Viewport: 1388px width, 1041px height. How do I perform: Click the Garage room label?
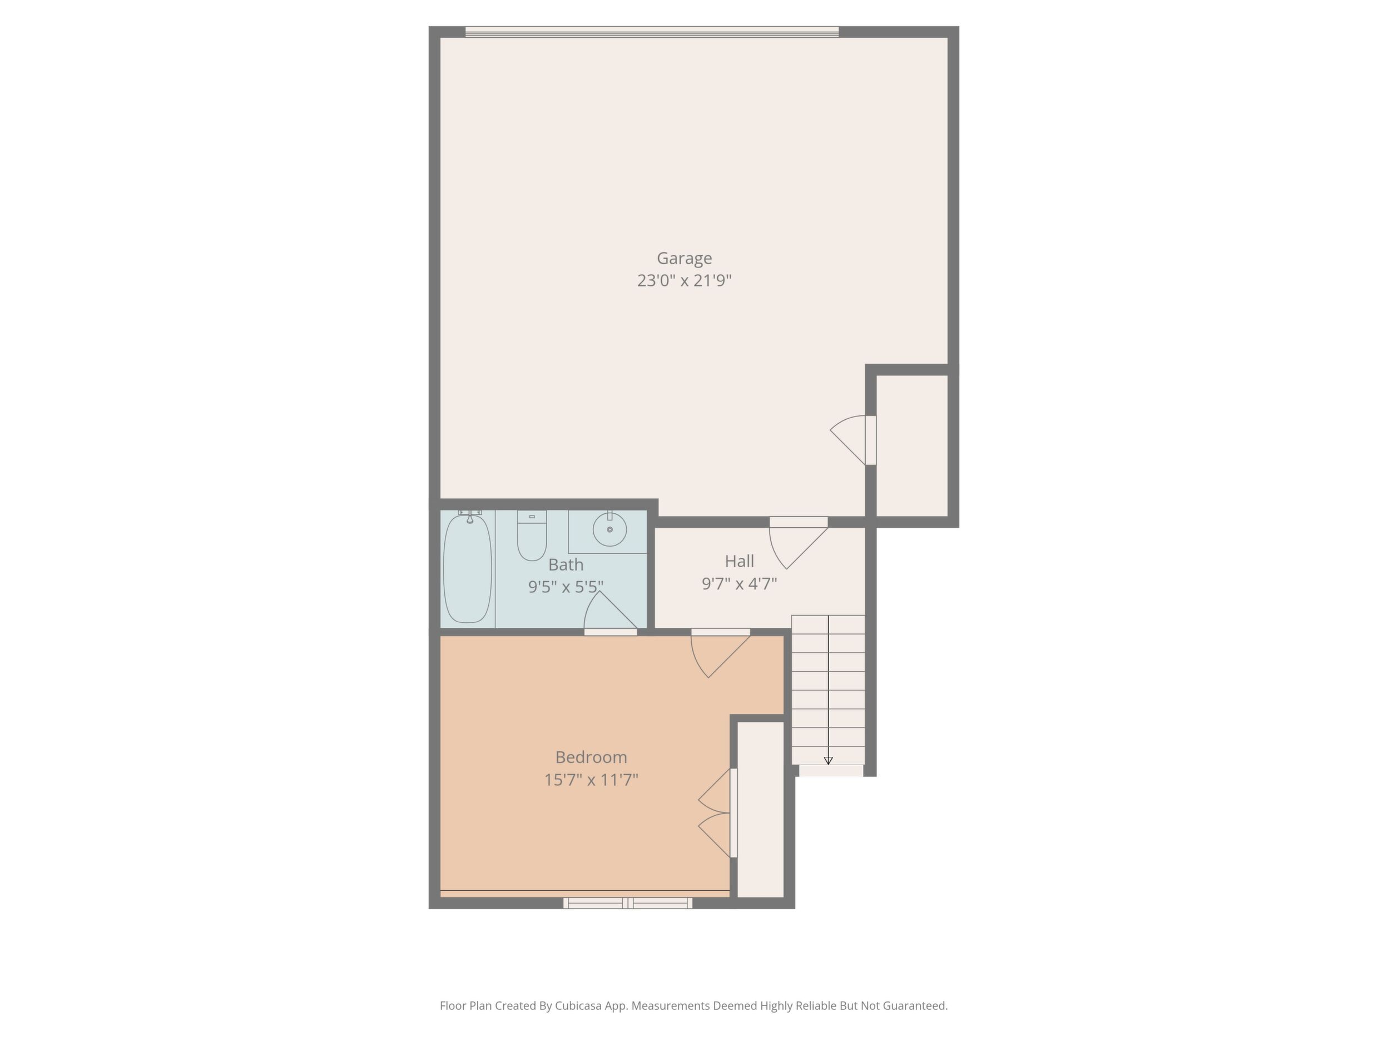[684, 259]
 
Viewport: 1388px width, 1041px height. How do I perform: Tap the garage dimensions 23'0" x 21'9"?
[684, 280]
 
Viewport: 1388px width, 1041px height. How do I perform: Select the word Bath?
[566, 565]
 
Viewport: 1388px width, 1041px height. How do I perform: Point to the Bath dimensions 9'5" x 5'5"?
[566, 587]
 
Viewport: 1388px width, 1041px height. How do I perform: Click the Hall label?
[739, 561]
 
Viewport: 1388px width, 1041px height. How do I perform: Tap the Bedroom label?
[591, 757]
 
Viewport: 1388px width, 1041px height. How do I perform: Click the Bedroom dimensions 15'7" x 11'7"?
[591, 780]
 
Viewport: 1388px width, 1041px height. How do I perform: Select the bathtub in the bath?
[468, 568]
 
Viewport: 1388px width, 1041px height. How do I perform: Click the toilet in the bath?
[532, 536]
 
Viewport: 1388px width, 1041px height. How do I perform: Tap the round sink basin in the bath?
[609, 529]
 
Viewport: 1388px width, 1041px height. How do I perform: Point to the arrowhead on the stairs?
[828, 761]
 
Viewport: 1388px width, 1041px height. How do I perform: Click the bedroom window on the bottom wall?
[627, 903]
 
